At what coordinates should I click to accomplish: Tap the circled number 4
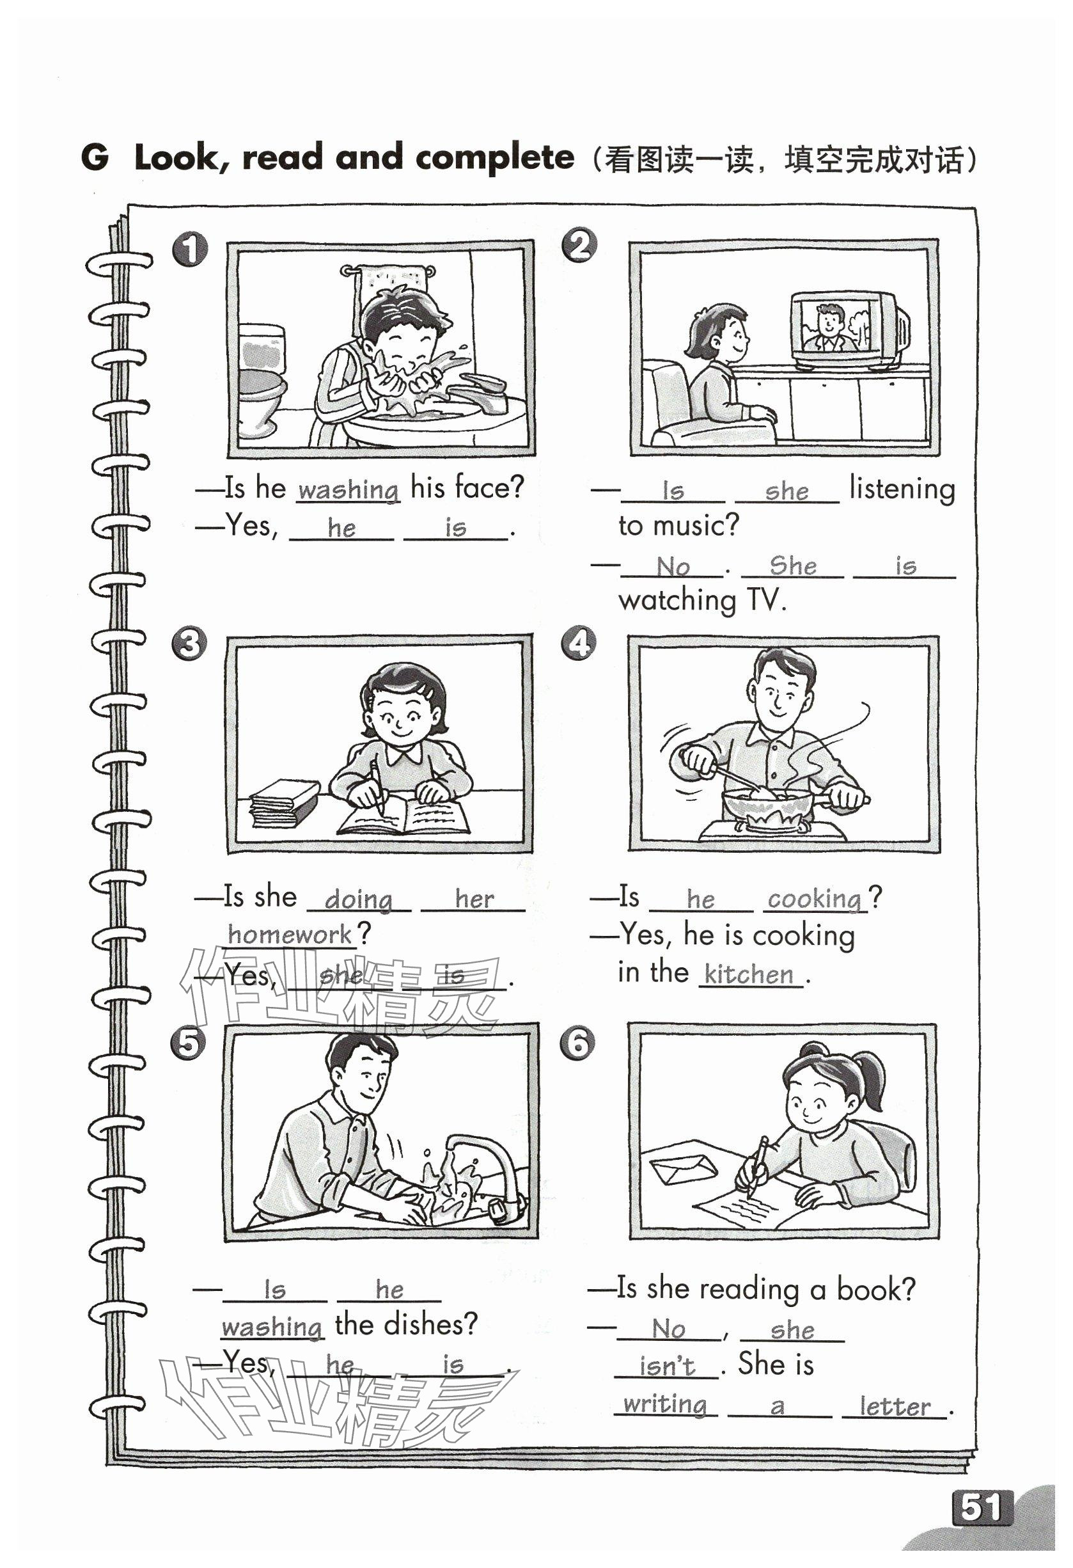[x=579, y=643]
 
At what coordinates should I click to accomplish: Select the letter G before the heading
[x=95, y=157]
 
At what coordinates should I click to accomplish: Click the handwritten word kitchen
[x=749, y=974]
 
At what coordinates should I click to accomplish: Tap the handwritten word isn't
[x=666, y=1366]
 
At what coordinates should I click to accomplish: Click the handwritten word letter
[x=895, y=1407]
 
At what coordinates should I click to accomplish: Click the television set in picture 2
[x=849, y=330]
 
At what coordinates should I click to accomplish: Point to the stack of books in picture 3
[x=285, y=803]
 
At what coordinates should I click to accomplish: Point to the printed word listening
[x=902, y=489]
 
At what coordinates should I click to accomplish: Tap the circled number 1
[x=190, y=249]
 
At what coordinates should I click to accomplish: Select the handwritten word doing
[x=358, y=899]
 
